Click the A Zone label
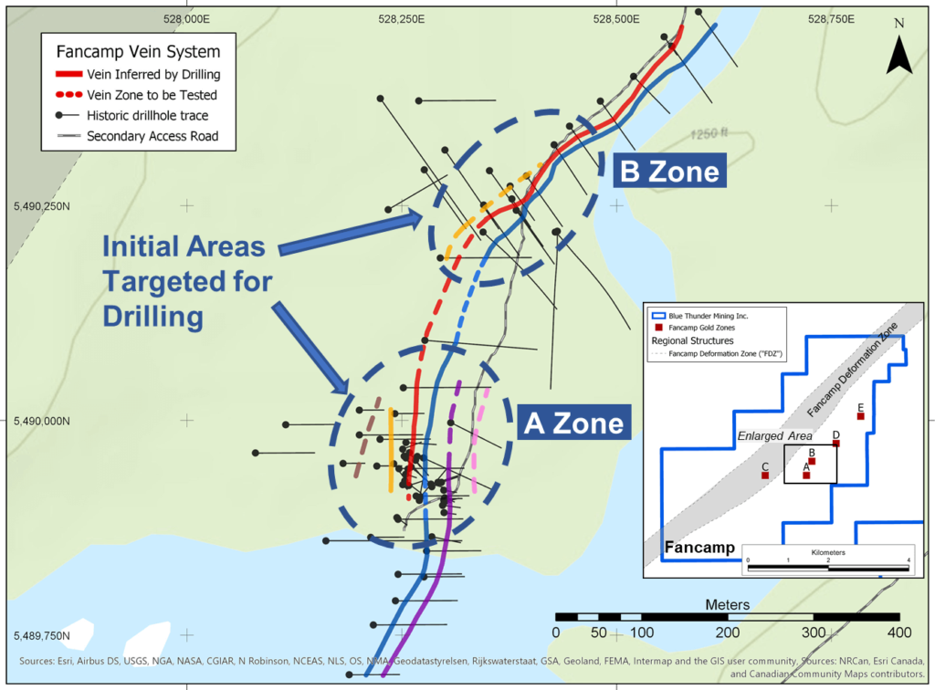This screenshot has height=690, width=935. (x=573, y=423)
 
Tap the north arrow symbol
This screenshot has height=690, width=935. (x=899, y=56)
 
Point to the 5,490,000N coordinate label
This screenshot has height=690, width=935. (x=43, y=422)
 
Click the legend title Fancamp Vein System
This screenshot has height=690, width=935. (x=138, y=51)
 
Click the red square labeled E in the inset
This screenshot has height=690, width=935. (x=860, y=416)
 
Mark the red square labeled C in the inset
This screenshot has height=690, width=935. (x=765, y=475)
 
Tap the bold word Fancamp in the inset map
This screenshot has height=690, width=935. (x=700, y=548)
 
